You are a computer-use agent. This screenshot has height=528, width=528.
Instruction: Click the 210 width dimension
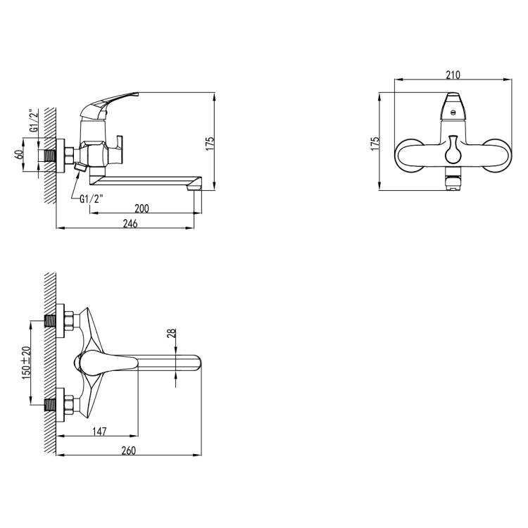tap(453, 75)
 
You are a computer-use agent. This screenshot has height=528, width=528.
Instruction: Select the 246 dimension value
tap(130, 224)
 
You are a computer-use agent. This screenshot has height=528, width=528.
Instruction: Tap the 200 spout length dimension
tap(142, 209)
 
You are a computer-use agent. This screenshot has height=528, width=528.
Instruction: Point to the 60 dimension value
tap(20, 155)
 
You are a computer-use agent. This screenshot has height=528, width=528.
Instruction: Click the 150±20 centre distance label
tap(27, 363)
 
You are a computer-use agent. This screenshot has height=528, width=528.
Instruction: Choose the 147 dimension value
tap(99, 432)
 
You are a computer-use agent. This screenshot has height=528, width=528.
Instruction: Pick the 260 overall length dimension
tap(129, 451)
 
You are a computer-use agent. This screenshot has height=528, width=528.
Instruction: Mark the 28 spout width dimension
tap(172, 334)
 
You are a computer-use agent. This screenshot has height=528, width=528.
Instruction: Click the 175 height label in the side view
tap(210, 144)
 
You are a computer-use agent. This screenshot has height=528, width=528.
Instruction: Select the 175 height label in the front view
tap(375, 144)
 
